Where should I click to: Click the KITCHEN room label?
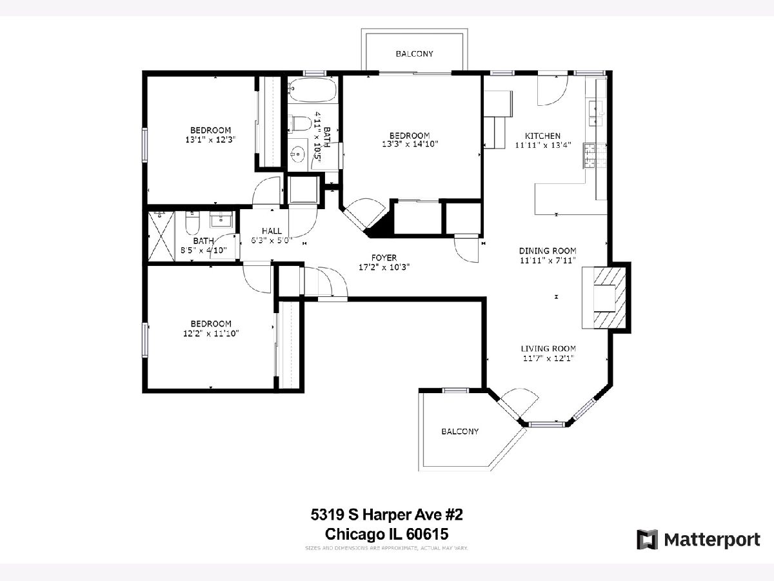(x=542, y=136)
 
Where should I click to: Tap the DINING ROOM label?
(x=548, y=251)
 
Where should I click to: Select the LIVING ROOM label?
(x=548, y=349)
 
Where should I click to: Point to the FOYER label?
(x=384, y=258)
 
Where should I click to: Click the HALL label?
(x=272, y=231)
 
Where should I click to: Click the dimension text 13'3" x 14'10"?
(x=410, y=144)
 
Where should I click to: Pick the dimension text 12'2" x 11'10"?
(x=211, y=333)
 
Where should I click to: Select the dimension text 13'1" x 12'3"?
(x=210, y=139)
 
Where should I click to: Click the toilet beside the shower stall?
(x=192, y=223)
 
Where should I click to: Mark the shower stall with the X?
(x=161, y=236)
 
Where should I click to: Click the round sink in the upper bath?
(x=298, y=154)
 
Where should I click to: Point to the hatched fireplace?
(x=604, y=298)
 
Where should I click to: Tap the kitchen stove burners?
(x=595, y=155)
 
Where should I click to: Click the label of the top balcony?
(x=414, y=54)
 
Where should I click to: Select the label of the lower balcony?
(x=460, y=431)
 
